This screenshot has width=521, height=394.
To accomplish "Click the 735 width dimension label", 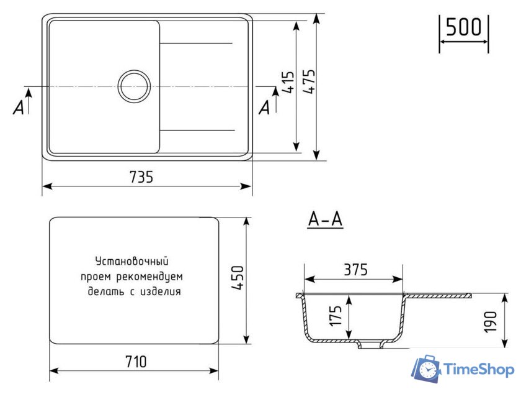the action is pyautogui.click(x=141, y=177).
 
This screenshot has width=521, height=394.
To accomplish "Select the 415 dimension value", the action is pyautogui.click(x=288, y=82).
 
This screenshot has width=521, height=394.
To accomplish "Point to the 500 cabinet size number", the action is pyautogui.click(x=463, y=27).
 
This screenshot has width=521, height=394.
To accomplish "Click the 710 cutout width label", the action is pyautogui.click(x=136, y=361).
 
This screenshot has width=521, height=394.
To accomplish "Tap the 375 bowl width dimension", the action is pyautogui.click(x=355, y=270).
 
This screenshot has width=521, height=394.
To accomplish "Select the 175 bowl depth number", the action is pyautogui.click(x=336, y=316).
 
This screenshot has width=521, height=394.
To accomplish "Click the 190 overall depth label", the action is pyautogui.click(x=490, y=322).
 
